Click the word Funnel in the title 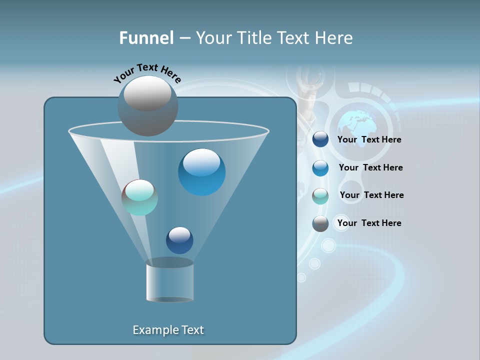146,38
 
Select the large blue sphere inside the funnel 201,172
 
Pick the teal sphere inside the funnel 139,197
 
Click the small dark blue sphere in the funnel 179,240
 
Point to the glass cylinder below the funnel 169,281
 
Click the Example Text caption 168,330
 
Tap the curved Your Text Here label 147,72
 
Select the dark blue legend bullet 320,139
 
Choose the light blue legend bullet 320,168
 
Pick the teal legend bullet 320,196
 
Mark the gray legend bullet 320,223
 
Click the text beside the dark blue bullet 369,140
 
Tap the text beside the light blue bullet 370,167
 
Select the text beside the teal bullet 371,195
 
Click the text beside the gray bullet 369,223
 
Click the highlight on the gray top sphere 147,93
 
